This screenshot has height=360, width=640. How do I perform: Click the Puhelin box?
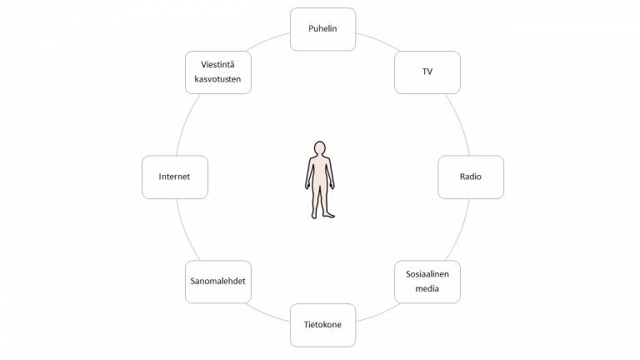click(x=322, y=29)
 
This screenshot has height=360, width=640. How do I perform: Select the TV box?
click(x=427, y=72)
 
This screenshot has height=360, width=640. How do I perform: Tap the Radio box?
click(x=471, y=177)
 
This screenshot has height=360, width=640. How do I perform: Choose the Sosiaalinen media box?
click(x=427, y=282)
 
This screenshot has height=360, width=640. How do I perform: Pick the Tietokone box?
click(x=322, y=325)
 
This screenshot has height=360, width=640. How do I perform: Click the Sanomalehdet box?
click(x=217, y=282)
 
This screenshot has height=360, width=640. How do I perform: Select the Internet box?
click(x=174, y=177)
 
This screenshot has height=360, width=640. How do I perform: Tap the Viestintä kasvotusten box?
click(x=217, y=72)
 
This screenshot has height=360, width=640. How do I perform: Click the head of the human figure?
click(x=319, y=150)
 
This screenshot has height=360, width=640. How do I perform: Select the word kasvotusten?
click(x=217, y=80)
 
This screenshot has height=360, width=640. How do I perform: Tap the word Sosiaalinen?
click(x=427, y=273)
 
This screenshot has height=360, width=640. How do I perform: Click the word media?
click(x=427, y=290)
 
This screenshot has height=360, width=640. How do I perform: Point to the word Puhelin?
click(x=322, y=29)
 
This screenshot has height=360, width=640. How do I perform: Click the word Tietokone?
click(x=322, y=325)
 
